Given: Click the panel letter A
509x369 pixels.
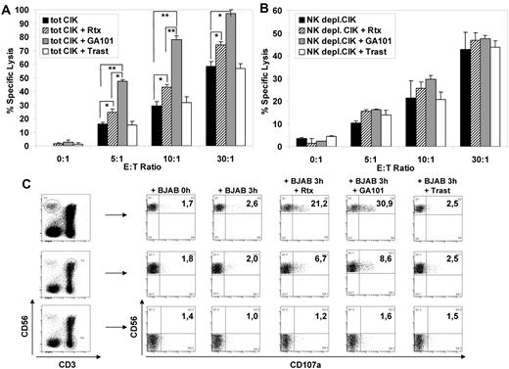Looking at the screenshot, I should tap(9, 9).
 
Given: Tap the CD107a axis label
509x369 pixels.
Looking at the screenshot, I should tap(324, 362).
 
